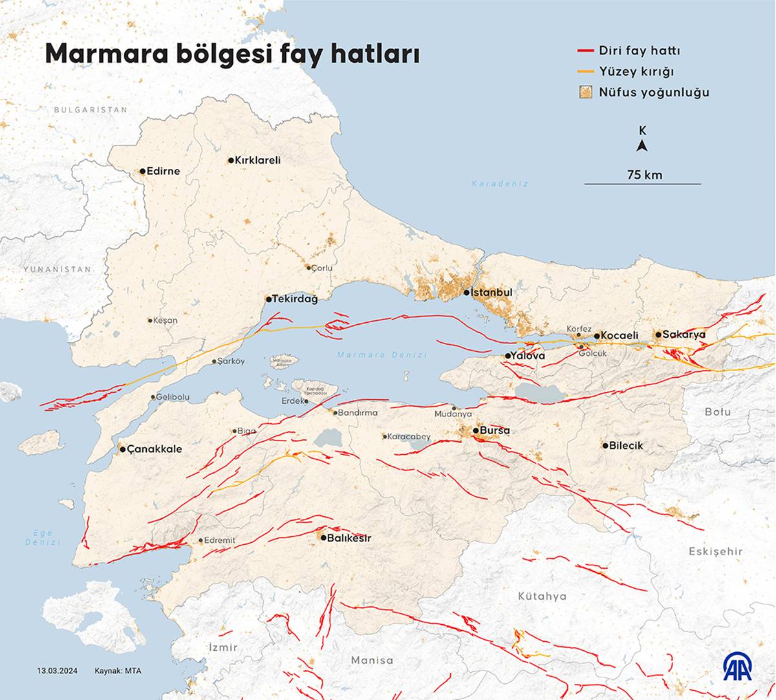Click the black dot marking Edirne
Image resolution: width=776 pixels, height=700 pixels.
click(142, 171)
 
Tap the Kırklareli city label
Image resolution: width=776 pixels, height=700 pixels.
click(257, 160)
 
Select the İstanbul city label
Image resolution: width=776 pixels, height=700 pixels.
click(492, 292)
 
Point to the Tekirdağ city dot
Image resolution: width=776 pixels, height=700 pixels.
click(268, 300)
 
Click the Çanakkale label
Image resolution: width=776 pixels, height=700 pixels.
click(155, 449)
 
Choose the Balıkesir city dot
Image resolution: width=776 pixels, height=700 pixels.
click(323, 538)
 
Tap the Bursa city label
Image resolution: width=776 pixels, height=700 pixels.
click(495, 430)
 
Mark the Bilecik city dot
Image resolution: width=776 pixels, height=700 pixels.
click(605, 445)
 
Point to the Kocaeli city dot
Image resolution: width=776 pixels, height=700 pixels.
click(597, 335)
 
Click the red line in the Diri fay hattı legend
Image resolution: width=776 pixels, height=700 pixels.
click(585, 50)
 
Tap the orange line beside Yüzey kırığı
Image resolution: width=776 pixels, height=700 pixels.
click(585, 71)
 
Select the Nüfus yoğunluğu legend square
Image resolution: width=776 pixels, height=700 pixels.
click(585, 92)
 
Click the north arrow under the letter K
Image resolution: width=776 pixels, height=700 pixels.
click(642, 146)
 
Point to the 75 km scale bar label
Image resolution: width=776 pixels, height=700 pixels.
click(644, 175)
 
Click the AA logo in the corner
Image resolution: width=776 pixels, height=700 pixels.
click(737, 666)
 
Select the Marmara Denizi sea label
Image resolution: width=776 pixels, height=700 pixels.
click(382, 355)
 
